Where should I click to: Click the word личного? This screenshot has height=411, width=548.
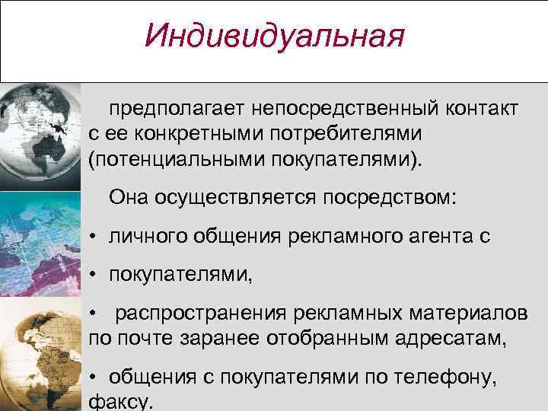[145, 236]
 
